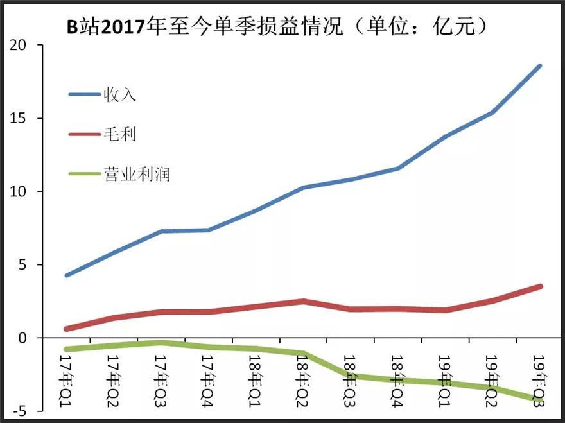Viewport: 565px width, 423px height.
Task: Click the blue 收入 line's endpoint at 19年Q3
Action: pos(540,66)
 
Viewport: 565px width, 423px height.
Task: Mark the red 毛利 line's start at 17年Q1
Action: pos(67,329)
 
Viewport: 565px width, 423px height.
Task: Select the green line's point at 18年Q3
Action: pos(351,376)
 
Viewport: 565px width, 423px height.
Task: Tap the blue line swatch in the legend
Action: pos(84,95)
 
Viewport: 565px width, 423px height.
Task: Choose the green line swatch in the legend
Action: pos(84,173)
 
